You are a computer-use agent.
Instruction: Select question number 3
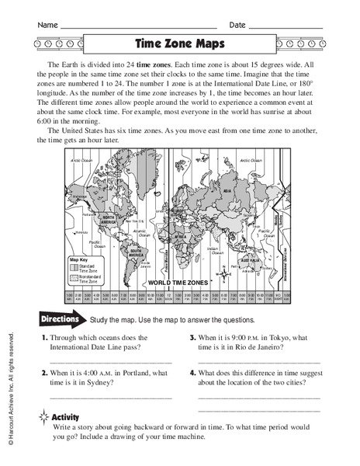coord(192,338)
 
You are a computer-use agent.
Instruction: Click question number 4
coord(192,373)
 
